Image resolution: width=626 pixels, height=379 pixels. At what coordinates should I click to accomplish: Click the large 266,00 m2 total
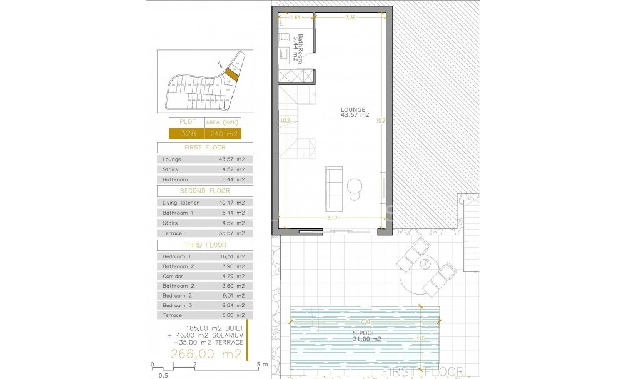click(x=206, y=354)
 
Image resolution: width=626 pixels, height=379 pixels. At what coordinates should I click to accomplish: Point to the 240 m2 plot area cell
click(x=223, y=133)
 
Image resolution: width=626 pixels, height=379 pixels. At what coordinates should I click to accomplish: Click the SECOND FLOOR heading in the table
click(x=205, y=191)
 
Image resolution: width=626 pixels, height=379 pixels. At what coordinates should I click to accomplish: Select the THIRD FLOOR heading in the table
click(x=205, y=245)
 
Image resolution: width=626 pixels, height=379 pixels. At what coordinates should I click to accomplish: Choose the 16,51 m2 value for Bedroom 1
click(x=231, y=256)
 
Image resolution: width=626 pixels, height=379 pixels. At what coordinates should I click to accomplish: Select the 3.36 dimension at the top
click(x=350, y=18)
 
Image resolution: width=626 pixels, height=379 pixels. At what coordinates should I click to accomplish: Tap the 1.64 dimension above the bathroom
click(x=296, y=18)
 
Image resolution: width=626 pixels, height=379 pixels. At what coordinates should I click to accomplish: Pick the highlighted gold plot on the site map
click(x=231, y=76)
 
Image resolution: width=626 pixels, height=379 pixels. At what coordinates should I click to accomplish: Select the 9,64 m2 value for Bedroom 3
click(x=231, y=305)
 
